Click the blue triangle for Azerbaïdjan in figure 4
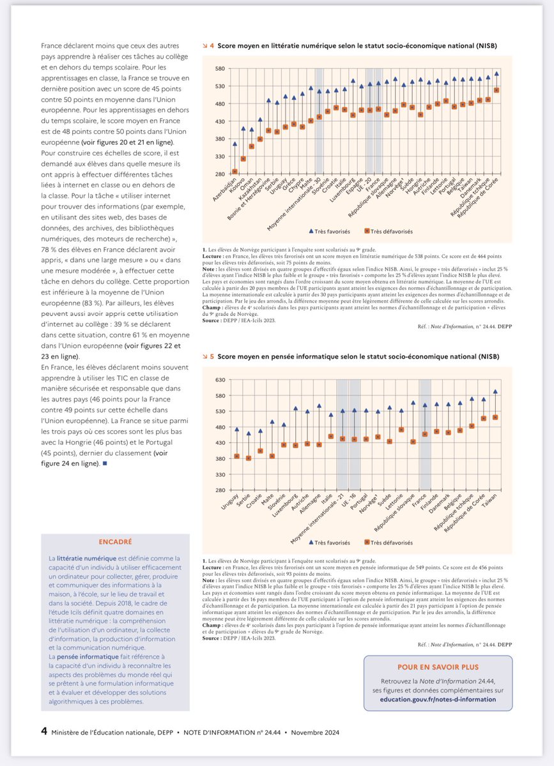(235, 144)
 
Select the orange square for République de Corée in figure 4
(496, 90)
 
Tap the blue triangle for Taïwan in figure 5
(495, 392)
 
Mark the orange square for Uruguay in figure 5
(236, 456)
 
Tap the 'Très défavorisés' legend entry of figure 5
(391, 542)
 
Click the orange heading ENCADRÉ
(115, 542)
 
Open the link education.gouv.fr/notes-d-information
(438, 699)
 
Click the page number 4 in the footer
(44, 731)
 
